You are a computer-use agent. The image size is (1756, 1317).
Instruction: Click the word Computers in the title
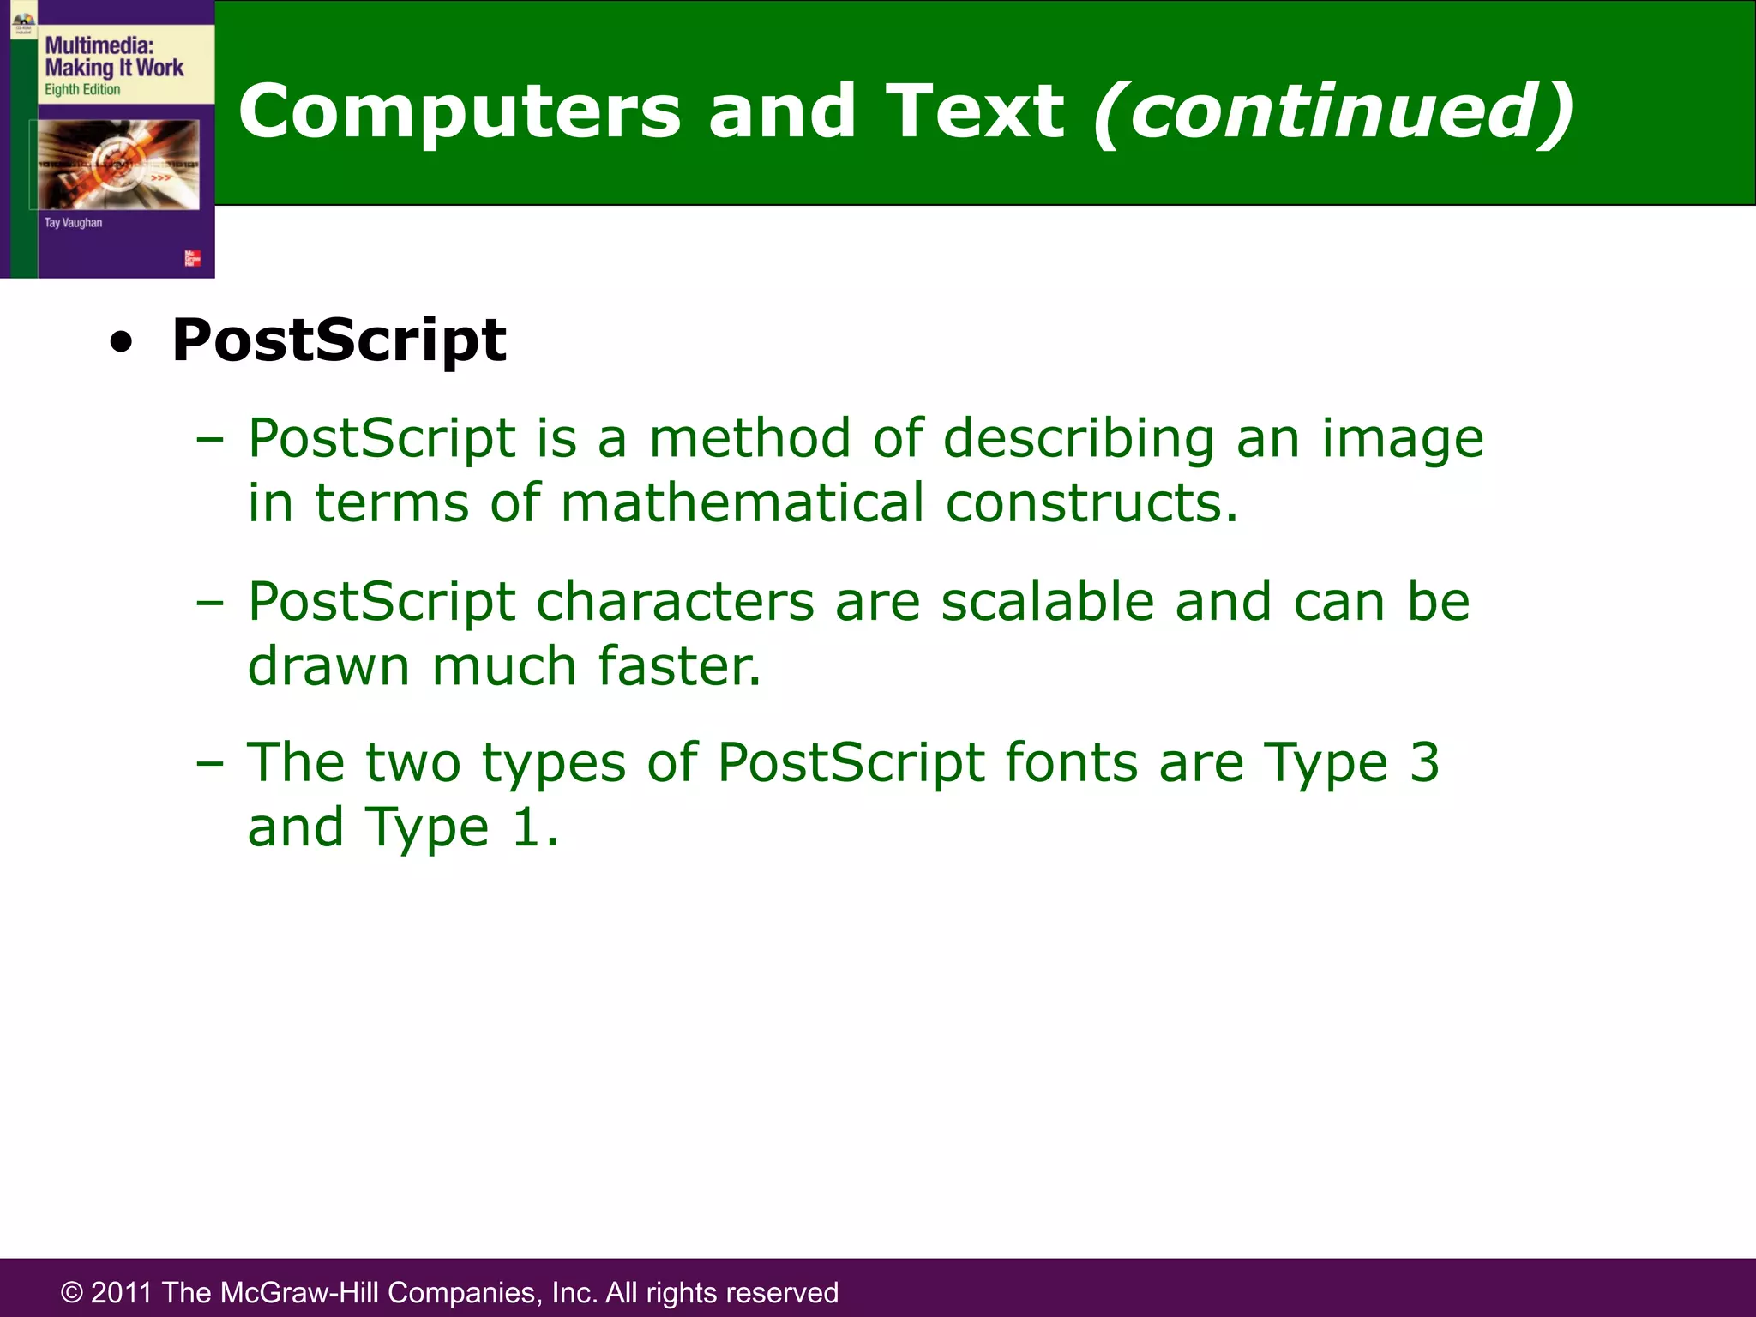point(460,111)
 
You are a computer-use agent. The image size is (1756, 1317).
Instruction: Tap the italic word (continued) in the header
point(1334,111)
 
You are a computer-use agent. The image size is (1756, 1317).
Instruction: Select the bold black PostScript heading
point(339,340)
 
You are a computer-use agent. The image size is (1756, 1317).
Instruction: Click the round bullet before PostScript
point(122,343)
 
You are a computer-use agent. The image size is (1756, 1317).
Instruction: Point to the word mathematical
point(743,502)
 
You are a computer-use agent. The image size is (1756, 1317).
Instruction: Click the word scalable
point(1048,601)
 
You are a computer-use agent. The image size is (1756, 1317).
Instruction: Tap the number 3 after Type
point(1424,761)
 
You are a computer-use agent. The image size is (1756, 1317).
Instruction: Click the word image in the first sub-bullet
point(1402,438)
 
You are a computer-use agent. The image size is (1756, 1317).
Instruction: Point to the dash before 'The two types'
point(209,762)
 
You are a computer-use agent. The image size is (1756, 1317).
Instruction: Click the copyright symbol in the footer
point(72,1292)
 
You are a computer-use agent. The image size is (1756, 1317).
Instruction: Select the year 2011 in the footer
point(122,1292)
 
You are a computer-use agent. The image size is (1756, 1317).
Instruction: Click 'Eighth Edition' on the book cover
point(82,89)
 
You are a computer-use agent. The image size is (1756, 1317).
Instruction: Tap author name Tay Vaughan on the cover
point(73,223)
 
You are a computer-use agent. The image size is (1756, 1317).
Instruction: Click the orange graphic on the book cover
point(118,164)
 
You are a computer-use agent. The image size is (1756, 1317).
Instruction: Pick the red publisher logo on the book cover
point(192,258)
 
